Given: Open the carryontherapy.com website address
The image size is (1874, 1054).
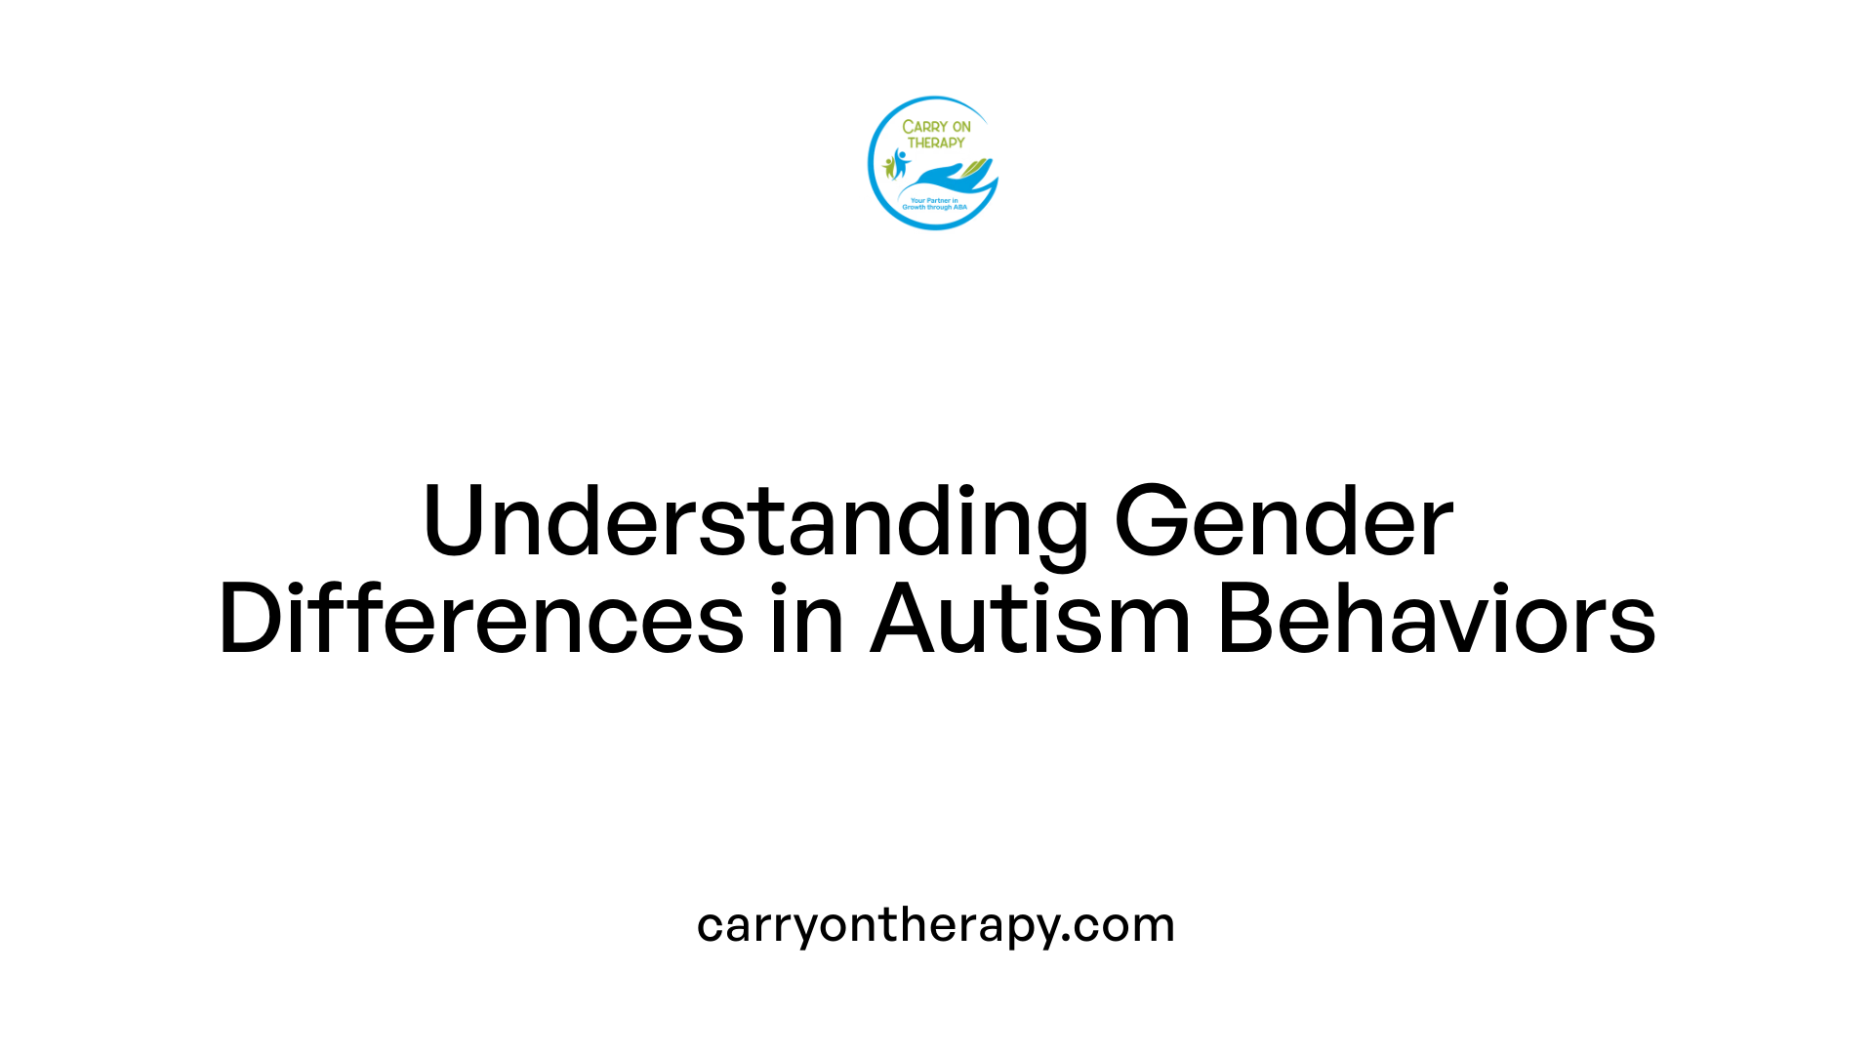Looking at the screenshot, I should point(935,925).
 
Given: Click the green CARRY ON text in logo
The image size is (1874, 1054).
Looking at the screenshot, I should point(936,127).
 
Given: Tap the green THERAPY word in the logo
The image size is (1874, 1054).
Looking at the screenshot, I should point(936,142).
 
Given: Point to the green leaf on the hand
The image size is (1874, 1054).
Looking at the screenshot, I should point(975,168).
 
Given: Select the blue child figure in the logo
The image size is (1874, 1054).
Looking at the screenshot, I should point(901,162).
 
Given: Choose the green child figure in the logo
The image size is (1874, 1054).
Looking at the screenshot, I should point(889,168).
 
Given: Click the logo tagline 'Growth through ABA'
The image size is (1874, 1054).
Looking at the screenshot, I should point(934,208).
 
